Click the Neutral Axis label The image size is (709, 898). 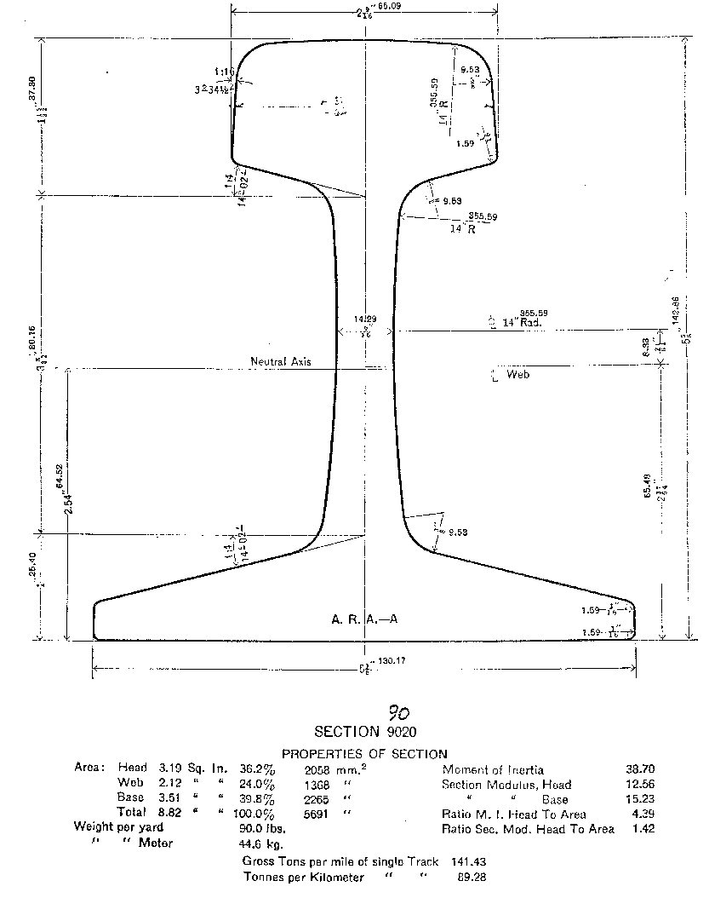click(x=280, y=362)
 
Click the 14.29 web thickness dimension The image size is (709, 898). click(x=367, y=319)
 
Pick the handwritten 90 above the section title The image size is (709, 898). click(x=397, y=712)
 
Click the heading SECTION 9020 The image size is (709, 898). click(x=365, y=732)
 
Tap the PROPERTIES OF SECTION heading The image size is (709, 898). click(x=364, y=754)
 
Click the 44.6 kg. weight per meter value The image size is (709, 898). click(x=268, y=843)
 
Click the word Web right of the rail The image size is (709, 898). click(x=517, y=375)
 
